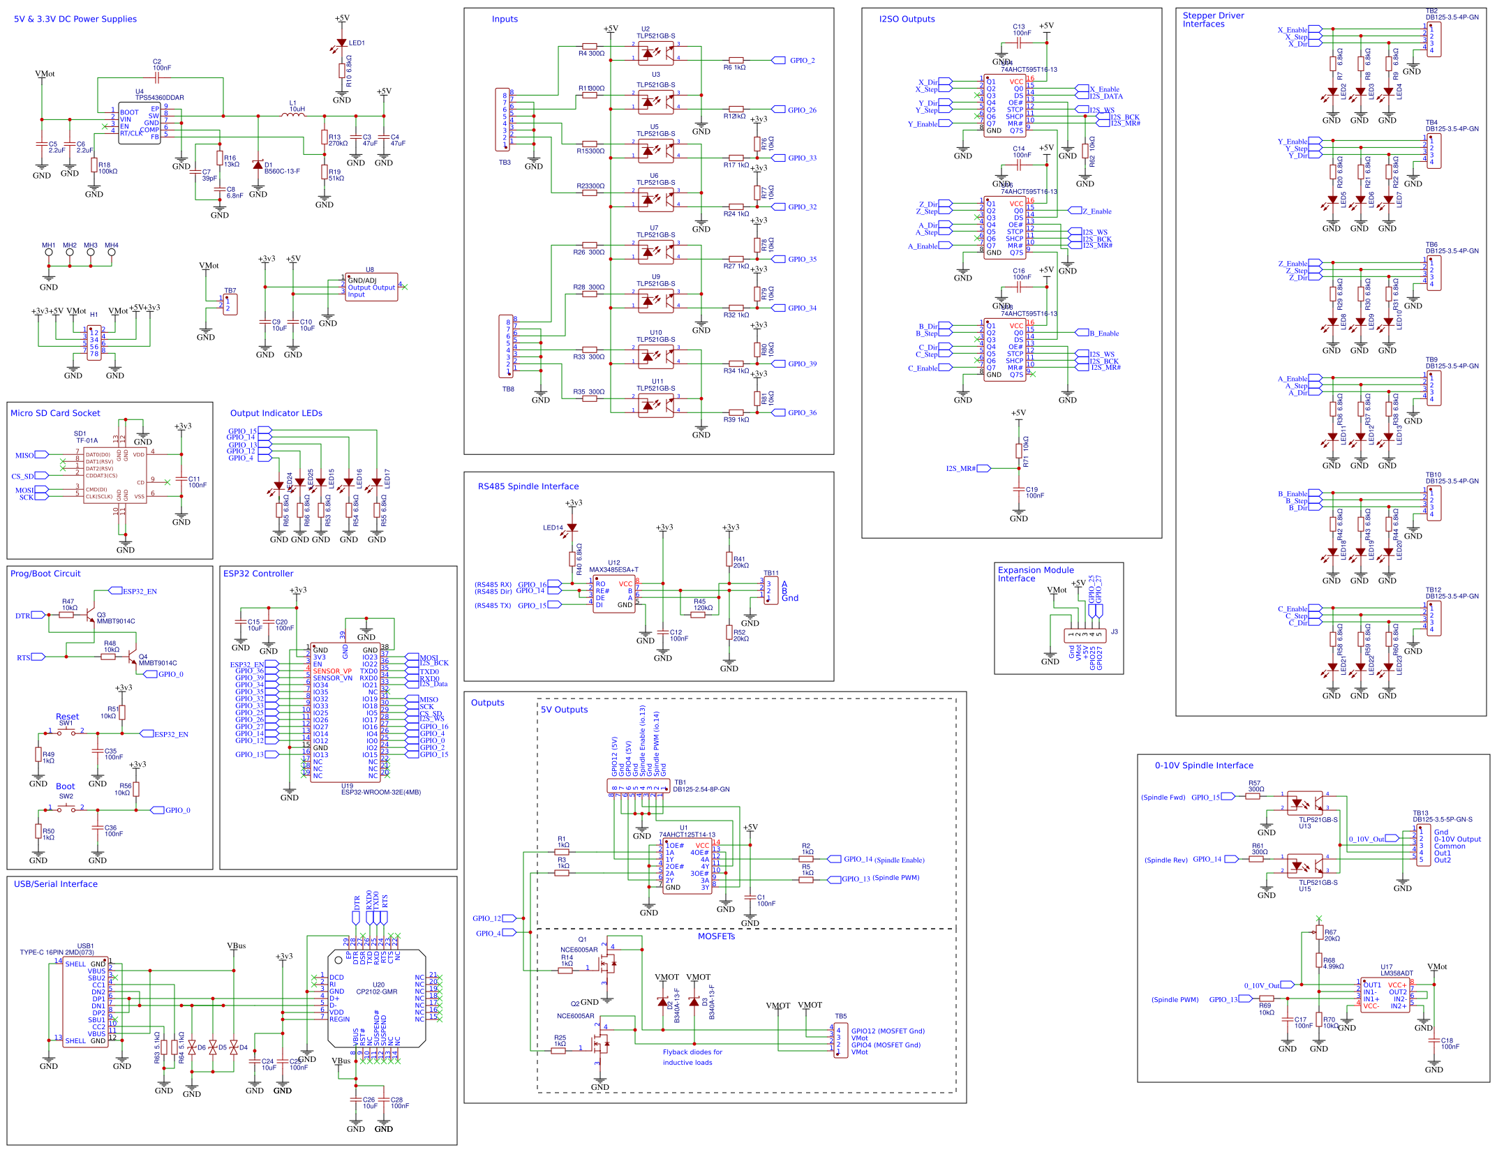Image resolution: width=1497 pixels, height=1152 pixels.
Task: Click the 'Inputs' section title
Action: pos(505,20)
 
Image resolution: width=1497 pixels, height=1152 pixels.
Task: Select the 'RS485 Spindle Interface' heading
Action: pos(528,486)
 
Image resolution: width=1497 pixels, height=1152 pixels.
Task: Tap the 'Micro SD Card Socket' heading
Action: pos(55,413)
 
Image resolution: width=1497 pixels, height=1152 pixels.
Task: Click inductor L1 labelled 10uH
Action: pos(293,115)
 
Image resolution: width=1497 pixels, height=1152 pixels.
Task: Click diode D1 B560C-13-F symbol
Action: pos(258,165)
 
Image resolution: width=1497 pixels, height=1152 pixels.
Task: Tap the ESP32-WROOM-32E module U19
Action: pos(345,712)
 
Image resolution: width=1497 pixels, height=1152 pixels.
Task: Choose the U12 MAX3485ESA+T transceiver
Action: pos(613,594)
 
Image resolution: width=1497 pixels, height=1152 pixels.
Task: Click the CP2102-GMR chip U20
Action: pos(376,998)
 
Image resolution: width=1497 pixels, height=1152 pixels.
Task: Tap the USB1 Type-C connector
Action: pos(85,1002)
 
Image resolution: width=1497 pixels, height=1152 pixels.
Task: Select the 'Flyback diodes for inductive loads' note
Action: pos(692,1057)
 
